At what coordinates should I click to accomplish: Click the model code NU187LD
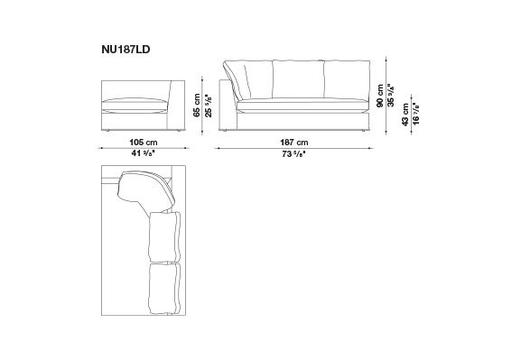pos(126,50)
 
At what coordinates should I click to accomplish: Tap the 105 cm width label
pos(144,143)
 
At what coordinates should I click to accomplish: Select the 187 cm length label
pos(294,143)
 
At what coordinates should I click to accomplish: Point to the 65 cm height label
pos(197,105)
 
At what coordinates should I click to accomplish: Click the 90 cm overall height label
pos(380,96)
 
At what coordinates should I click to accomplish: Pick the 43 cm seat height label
pos(405,115)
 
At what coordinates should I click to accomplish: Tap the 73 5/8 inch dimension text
pos(294,154)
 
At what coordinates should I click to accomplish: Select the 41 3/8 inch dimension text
pos(144,153)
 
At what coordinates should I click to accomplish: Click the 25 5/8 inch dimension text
pos(209,105)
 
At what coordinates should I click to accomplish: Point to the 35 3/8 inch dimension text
pos(392,96)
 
